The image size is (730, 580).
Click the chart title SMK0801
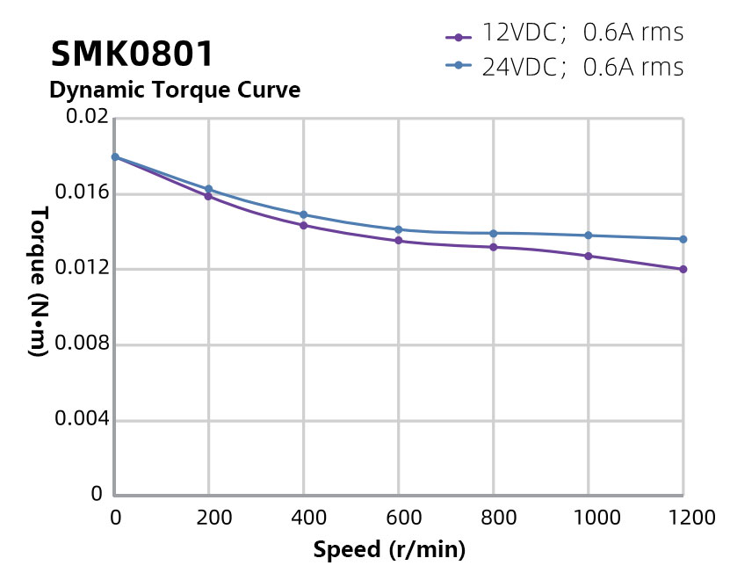coord(132,54)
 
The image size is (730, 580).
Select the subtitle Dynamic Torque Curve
coord(175,90)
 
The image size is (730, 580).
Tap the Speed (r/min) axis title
coord(389,551)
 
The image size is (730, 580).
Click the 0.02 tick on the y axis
coord(86,117)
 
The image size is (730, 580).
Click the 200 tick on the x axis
coord(209,518)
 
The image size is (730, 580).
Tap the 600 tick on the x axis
coord(399,518)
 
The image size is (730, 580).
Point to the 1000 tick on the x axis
coord(589,518)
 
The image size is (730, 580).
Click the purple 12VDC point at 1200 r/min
coord(683,269)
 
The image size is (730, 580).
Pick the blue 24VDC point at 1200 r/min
coord(683,239)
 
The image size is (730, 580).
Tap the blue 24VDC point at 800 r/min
coord(494,233)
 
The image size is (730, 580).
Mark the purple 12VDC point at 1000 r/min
coord(589,256)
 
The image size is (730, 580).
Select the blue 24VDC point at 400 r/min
coord(304,214)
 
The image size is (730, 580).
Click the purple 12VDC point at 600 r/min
coord(399,241)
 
